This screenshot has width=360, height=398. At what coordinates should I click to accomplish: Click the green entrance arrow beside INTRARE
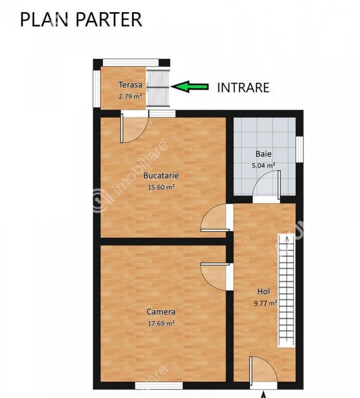(190, 87)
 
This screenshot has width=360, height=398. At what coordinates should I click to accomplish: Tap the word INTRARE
(243, 88)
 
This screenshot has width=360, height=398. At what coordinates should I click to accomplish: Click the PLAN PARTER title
(80, 20)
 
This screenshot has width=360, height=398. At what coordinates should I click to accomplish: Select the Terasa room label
(130, 84)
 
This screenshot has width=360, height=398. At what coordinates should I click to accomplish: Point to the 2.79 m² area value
(130, 97)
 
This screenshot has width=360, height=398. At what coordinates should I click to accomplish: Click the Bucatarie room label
(161, 175)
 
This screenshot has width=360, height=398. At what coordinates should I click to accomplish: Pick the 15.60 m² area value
(161, 187)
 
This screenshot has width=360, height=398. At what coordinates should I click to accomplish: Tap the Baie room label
(263, 154)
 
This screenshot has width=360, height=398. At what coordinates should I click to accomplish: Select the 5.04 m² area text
(263, 165)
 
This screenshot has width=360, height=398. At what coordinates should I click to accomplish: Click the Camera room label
(161, 312)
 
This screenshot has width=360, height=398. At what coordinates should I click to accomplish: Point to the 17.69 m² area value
(161, 323)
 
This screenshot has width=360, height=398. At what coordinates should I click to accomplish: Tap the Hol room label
(263, 292)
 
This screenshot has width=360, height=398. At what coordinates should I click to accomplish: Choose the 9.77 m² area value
(265, 303)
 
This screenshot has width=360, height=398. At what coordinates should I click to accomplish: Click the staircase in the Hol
(286, 290)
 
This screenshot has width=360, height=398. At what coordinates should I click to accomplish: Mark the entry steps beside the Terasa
(158, 88)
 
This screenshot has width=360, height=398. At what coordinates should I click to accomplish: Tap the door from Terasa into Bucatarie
(134, 129)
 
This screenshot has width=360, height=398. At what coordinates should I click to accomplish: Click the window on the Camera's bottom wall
(159, 386)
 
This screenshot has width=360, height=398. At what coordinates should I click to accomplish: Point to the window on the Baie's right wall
(300, 149)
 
